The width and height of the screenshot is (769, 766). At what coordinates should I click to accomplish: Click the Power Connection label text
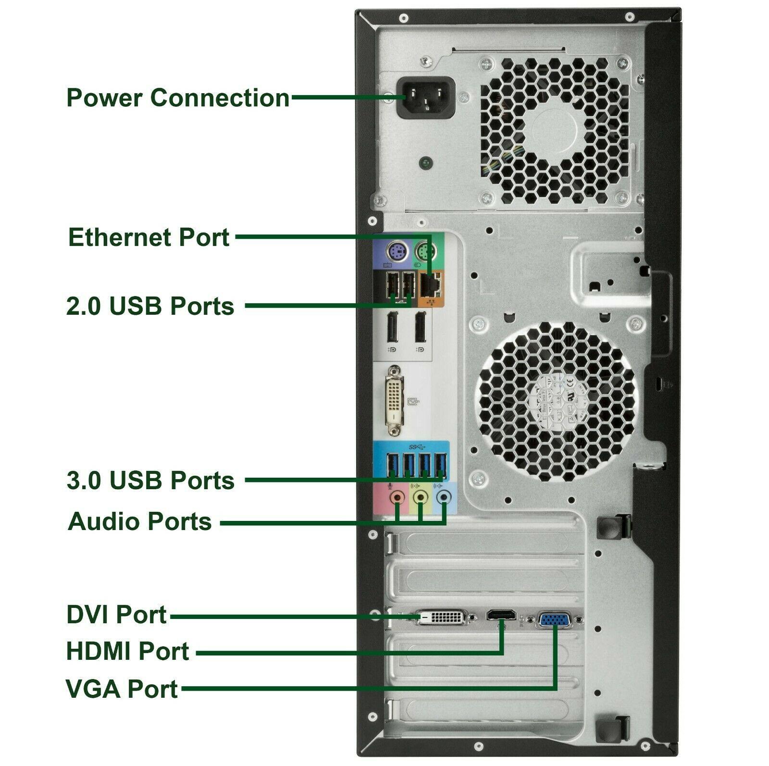tap(178, 98)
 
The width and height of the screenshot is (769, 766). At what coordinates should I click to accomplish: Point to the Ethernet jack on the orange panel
tap(431, 284)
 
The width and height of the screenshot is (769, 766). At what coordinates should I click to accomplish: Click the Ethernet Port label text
tap(149, 237)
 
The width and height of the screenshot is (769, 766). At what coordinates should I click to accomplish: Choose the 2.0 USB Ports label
tap(150, 306)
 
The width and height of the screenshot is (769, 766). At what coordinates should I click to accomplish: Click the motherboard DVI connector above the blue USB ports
tap(395, 401)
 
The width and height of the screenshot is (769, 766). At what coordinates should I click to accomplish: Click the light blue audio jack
tap(444, 497)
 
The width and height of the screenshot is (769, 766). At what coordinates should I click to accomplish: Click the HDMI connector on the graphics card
tap(502, 615)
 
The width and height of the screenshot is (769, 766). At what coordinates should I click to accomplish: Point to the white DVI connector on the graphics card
tap(441, 617)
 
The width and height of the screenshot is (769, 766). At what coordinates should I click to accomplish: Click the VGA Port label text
tap(122, 689)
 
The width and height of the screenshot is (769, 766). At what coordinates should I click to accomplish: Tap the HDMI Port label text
tap(128, 651)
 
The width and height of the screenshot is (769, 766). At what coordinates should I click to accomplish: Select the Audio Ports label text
tap(140, 521)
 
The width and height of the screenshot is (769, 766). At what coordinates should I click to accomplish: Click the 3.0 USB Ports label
tap(150, 480)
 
